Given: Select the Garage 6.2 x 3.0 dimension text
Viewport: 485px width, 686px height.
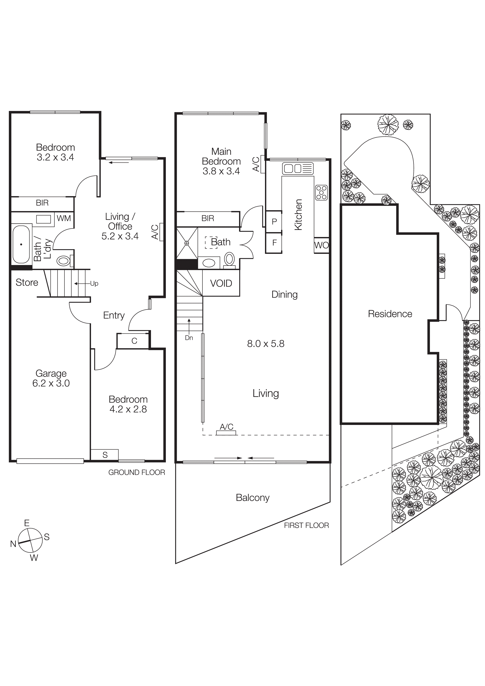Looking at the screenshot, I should tap(51, 383).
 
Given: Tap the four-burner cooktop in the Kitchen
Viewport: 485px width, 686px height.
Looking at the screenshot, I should tap(321, 193).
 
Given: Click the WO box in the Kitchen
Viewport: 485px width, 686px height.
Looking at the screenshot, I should tap(321, 245).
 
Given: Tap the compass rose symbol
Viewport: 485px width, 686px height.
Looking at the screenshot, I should tap(30, 540).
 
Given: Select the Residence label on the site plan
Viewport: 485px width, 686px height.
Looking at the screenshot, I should tap(390, 314).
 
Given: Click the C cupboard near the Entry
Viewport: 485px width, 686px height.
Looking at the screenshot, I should tap(134, 341).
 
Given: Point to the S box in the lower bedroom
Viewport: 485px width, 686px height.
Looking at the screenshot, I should tap(105, 455).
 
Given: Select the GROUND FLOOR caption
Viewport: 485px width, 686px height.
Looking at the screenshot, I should tap(137, 472).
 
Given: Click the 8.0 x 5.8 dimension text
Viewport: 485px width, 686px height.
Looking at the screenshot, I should tap(265, 344).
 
